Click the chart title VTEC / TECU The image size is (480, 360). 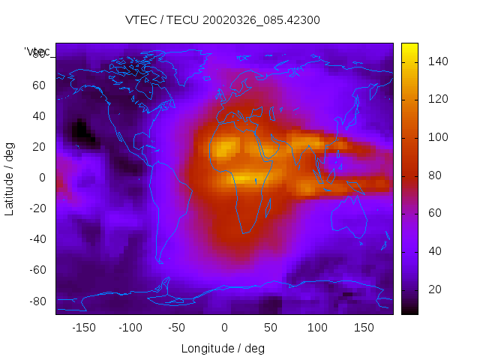click(x=223, y=20)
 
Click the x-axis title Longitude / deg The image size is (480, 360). click(x=223, y=348)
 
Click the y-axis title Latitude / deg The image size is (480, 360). click(x=10, y=177)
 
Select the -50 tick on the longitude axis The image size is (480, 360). click(x=177, y=327)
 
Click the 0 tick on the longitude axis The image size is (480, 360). click(x=223, y=327)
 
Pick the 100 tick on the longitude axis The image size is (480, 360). click(x=317, y=327)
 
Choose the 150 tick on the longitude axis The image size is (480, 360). click(x=364, y=327)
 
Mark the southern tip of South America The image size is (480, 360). click(x=160, y=262)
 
